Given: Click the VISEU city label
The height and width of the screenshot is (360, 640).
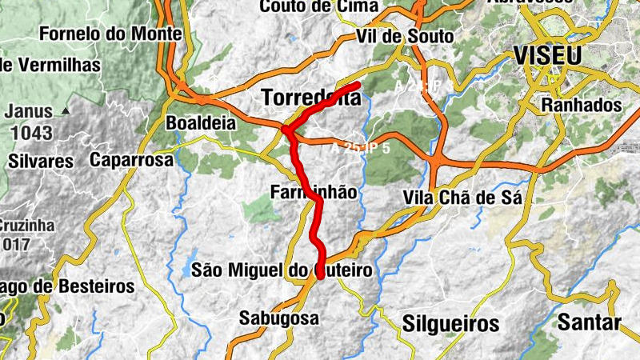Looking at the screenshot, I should click(x=549, y=56).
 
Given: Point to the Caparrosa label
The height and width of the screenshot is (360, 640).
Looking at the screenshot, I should click(x=132, y=160).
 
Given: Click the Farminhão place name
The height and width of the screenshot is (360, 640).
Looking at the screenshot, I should click(x=313, y=192).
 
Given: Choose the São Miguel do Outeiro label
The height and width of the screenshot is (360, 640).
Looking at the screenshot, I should click(x=282, y=270).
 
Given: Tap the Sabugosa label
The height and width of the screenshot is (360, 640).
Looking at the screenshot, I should click(x=279, y=318).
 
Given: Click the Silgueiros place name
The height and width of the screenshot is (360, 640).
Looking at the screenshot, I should click(x=452, y=324).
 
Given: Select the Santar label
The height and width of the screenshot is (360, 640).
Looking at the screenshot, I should click(x=590, y=323).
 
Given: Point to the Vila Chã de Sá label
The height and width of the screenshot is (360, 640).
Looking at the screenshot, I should click(x=463, y=198).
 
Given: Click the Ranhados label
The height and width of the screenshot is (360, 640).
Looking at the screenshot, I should click(x=582, y=105).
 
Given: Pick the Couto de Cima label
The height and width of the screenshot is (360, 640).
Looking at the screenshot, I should click(x=318, y=6).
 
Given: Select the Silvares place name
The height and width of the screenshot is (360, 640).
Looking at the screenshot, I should click(x=41, y=160).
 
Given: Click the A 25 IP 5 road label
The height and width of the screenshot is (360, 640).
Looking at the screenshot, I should click(x=361, y=148).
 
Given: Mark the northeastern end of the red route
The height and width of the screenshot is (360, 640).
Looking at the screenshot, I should click(x=359, y=84).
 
